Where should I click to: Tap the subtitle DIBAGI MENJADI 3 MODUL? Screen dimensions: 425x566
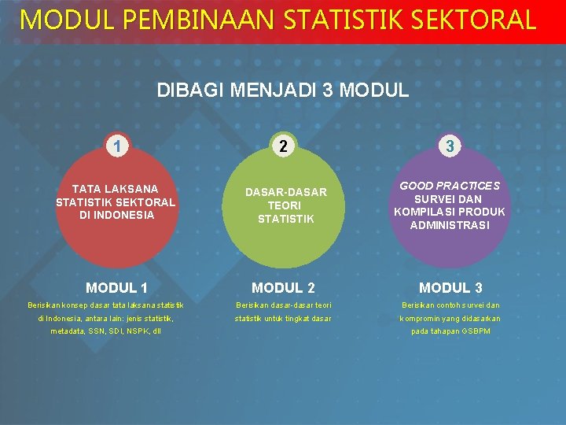(x=283, y=90)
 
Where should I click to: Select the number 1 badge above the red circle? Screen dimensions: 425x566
(x=116, y=146)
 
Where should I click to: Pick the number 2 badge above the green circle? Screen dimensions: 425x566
(x=283, y=146)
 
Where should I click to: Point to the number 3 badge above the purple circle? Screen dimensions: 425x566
(x=450, y=146)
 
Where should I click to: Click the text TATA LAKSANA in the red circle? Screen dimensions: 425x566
(x=116, y=189)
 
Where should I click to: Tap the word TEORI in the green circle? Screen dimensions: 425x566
(x=285, y=205)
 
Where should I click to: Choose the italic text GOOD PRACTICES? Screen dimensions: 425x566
(x=450, y=186)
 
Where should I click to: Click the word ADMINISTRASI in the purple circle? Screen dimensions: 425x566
(x=450, y=226)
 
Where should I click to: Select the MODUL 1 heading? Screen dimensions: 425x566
(x=116, y=288)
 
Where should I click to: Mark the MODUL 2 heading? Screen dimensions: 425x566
(x=283, y=288)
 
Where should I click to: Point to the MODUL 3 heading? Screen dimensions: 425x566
(x=450, y=288)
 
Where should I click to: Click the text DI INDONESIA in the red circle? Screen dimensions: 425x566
(x=117, y=215)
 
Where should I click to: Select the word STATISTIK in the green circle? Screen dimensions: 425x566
(x=285, y=219)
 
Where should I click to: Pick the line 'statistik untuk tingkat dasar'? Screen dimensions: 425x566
(x=283, y=318)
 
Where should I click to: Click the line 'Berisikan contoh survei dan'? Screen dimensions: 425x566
(x=450, y=305)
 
